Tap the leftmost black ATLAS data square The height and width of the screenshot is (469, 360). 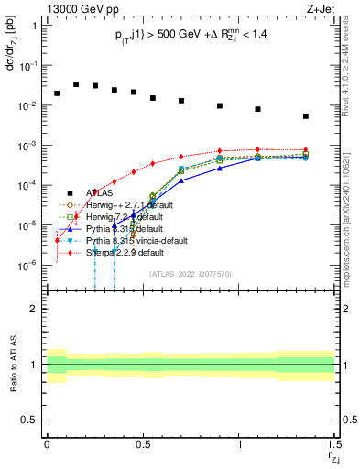57,93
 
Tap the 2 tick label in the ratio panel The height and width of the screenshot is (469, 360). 32,310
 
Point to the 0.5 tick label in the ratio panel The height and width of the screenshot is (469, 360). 27,420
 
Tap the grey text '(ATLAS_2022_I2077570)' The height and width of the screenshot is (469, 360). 190,274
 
